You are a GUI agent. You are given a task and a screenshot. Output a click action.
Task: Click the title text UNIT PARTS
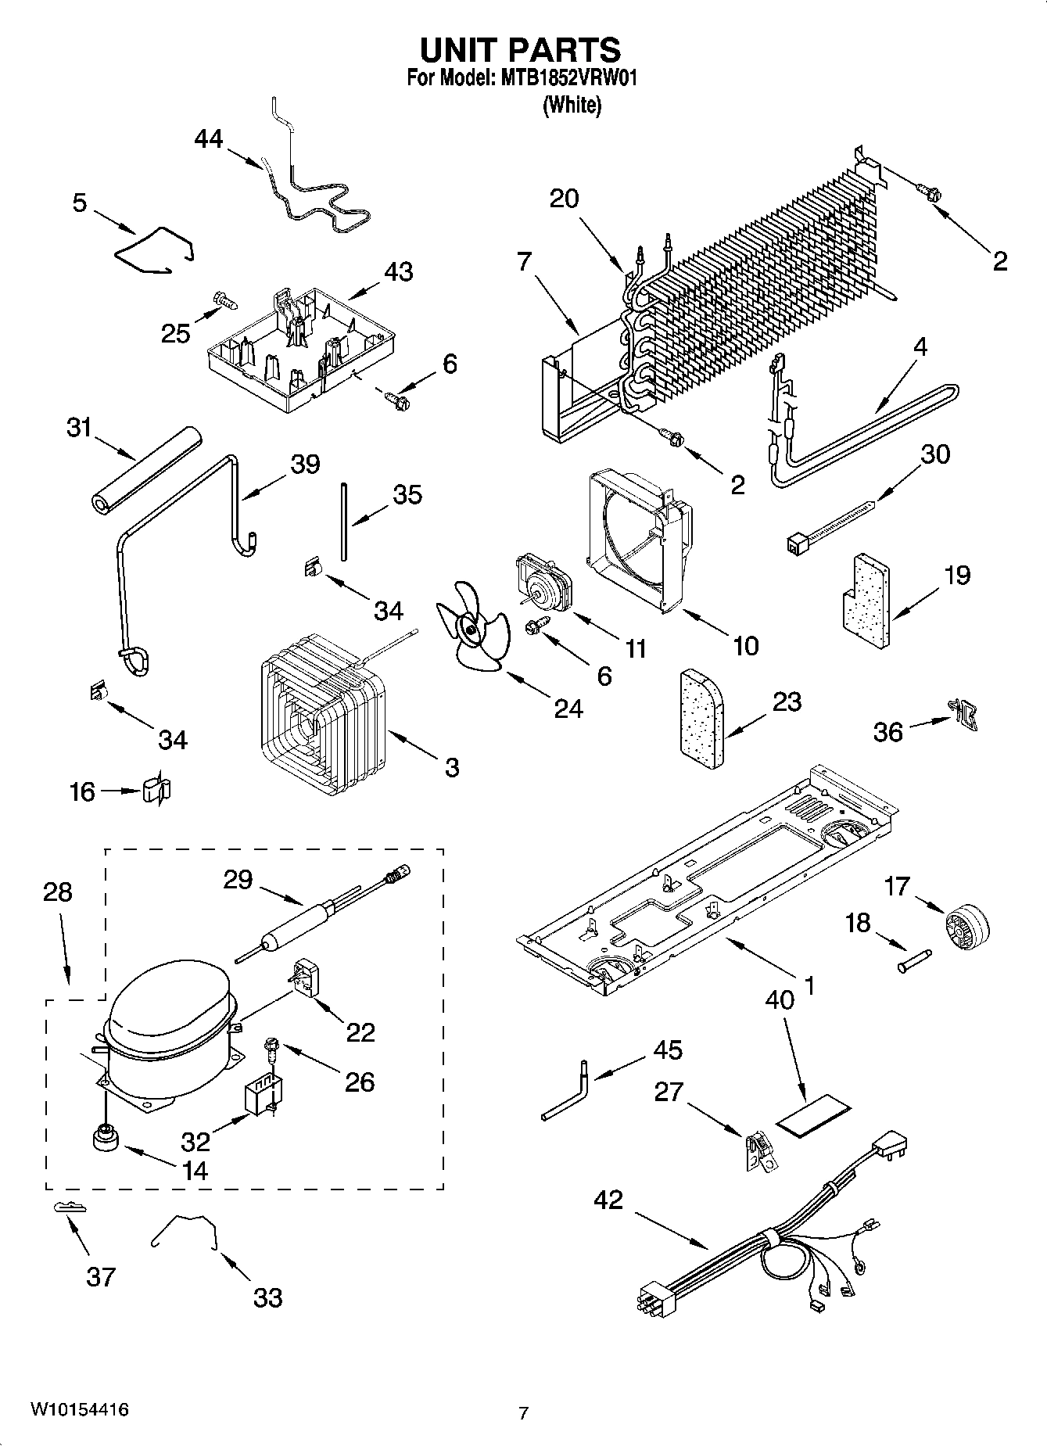click(x=521, y=49)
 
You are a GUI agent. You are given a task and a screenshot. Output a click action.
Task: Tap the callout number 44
click(x=208, y=139)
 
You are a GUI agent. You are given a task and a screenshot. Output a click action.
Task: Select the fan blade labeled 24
click(x=472, y=626)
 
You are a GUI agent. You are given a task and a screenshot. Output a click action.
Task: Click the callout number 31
click(x=78, y=429)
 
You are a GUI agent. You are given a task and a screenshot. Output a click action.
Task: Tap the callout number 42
click(x=608, y=1199)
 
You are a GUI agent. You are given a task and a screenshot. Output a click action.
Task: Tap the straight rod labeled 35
click(x=343, y=521)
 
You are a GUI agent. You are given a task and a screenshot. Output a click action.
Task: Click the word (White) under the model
click(x=572, y=105)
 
